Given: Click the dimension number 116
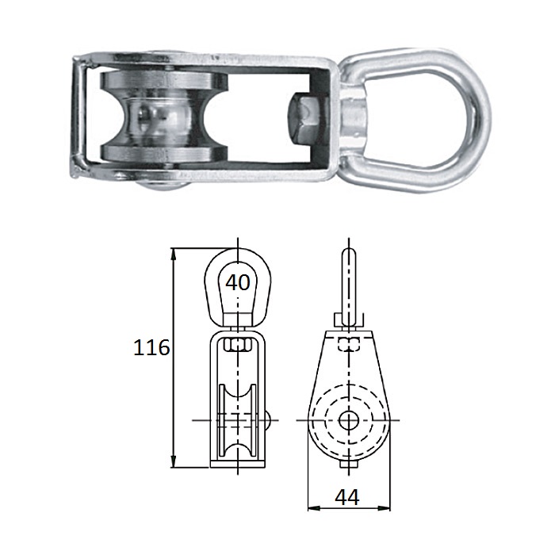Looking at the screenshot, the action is tap(151, 347).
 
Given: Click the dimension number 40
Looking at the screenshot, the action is tap(238, 282).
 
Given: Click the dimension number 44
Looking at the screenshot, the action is tap(347, 496).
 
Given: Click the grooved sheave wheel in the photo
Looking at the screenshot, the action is tap(164, 117).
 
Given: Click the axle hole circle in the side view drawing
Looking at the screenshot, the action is tap(349, 420).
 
